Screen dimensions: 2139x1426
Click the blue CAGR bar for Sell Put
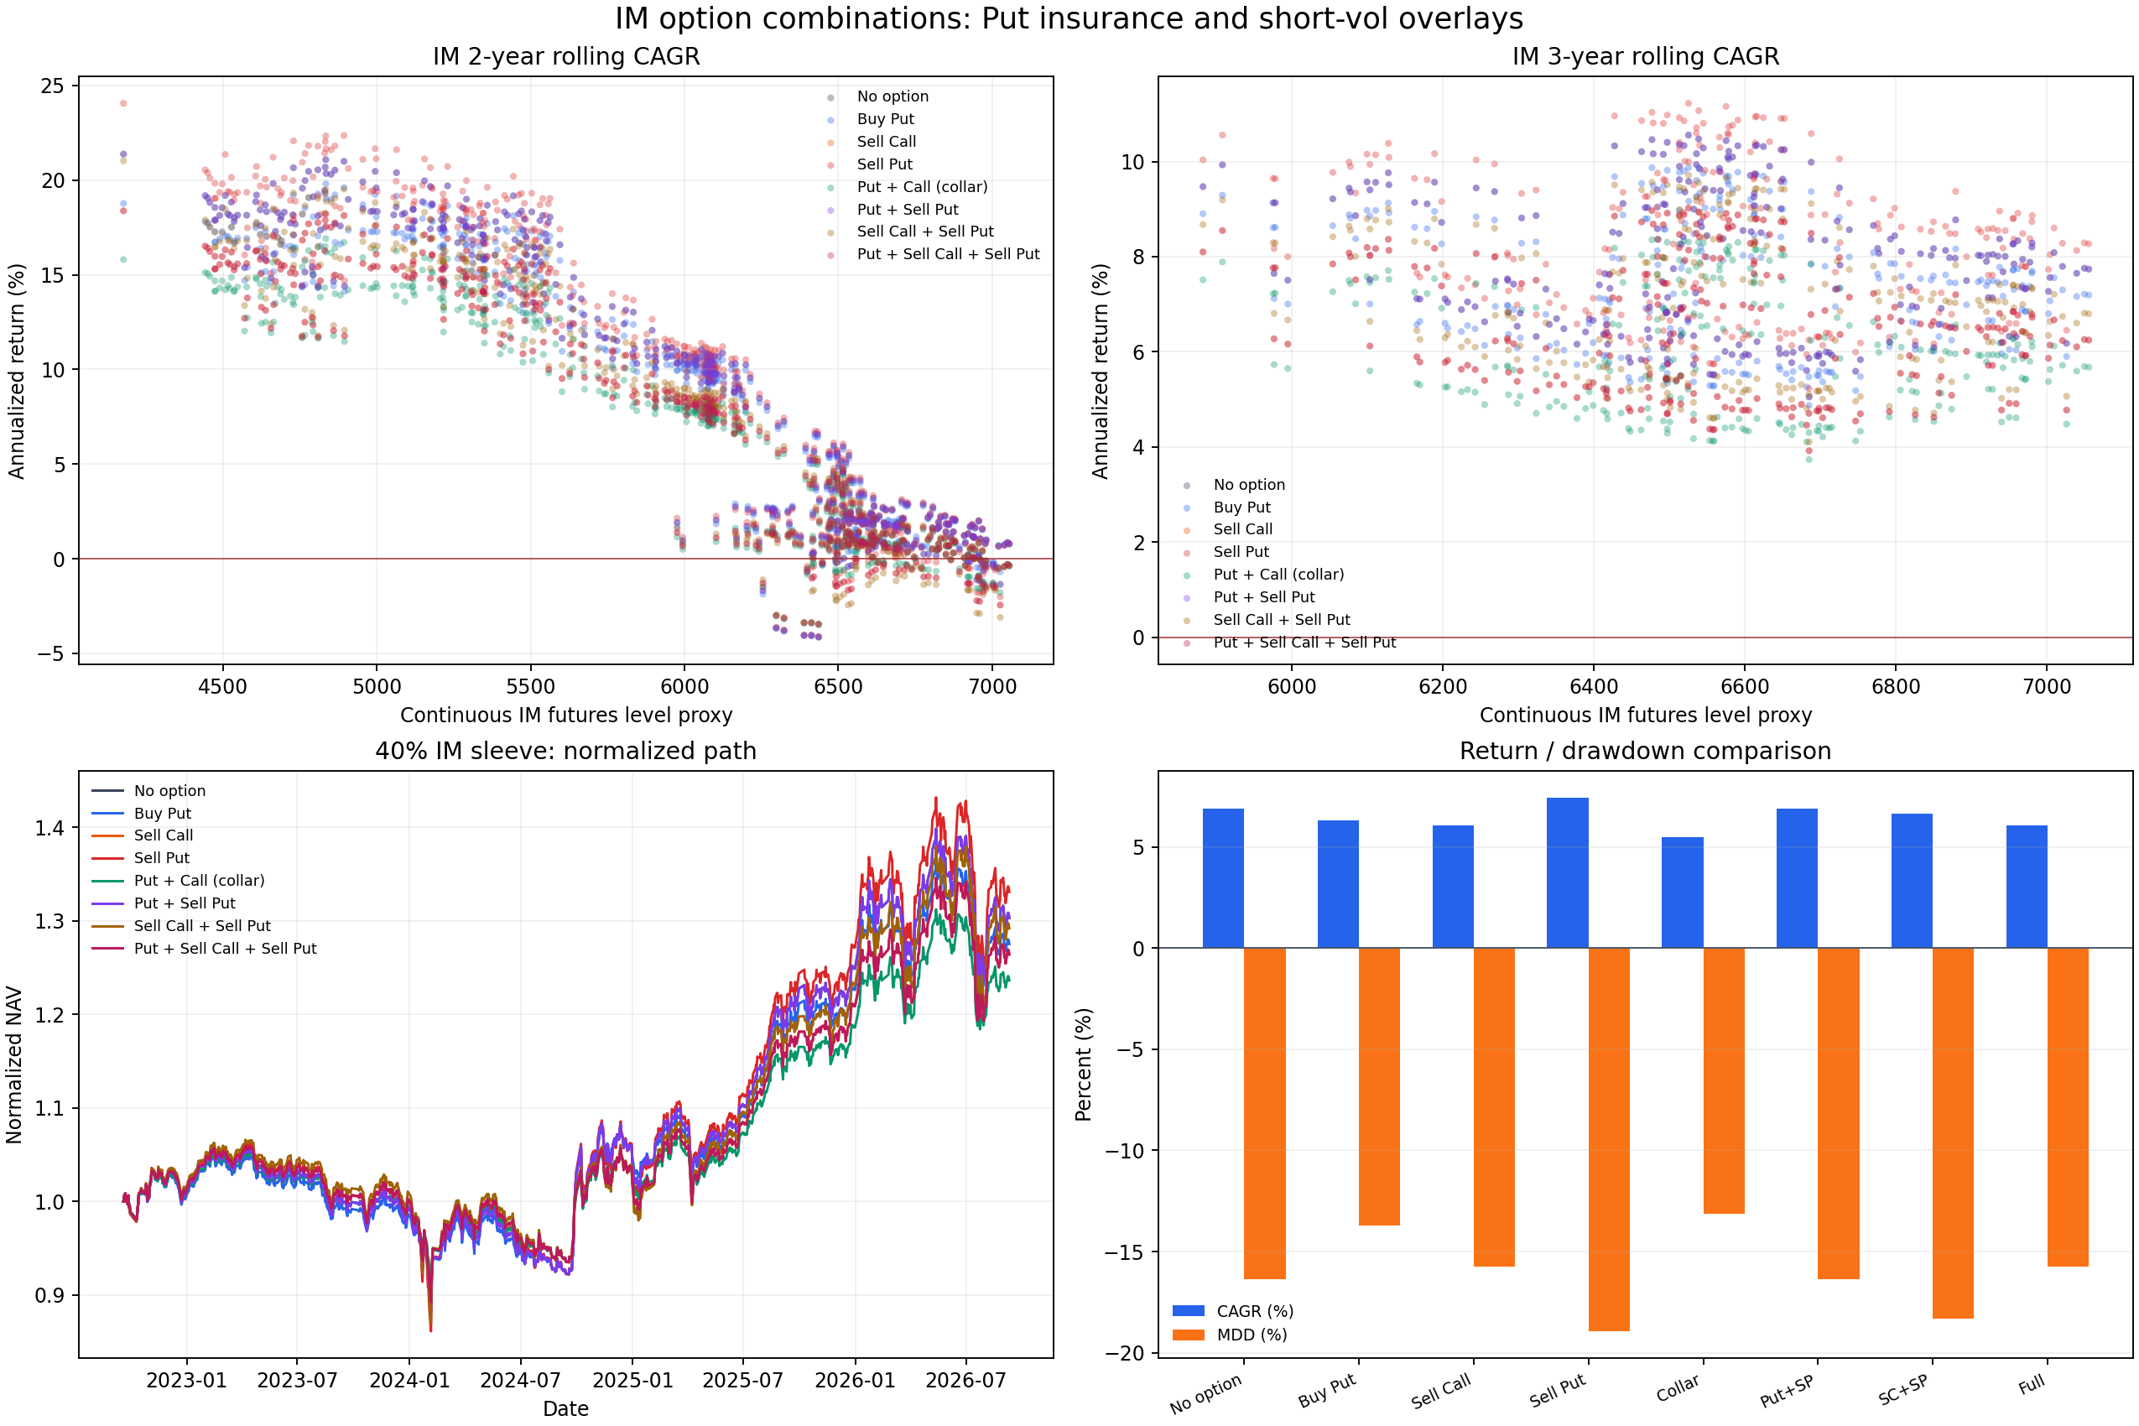(1567, 873)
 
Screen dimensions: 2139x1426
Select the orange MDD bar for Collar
(1724, 1080)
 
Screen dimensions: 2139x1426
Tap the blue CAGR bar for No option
(1223, 878)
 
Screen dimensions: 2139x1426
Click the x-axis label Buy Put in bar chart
(1327, 1391)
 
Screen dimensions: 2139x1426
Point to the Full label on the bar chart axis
(2031, 1384)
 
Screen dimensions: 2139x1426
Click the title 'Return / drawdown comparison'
(1645, 752)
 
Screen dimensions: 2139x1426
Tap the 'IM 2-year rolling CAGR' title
(566, 56)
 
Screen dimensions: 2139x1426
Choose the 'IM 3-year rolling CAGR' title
(1645, 56)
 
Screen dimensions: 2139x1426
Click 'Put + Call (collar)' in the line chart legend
(199, 880)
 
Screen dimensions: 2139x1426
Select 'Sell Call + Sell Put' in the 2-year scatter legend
(925, 232)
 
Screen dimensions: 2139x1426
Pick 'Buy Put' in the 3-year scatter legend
(1241, 507)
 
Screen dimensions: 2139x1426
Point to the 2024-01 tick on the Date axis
(409, 1381)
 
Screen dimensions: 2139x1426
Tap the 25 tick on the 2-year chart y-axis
(53, 86)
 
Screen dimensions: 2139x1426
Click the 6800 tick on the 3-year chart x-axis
(1897, 687)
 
